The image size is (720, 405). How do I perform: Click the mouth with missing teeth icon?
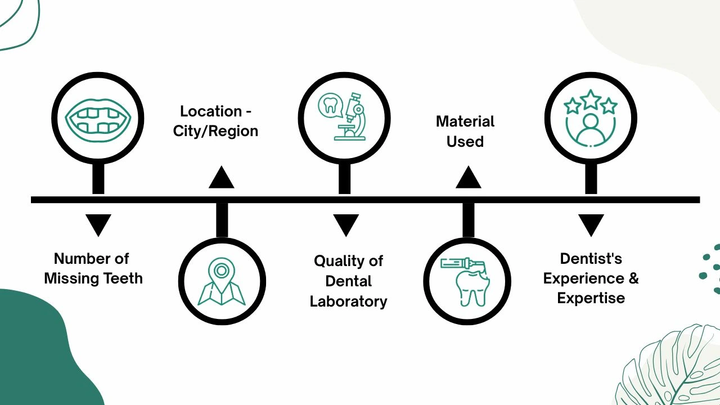click(98, 118)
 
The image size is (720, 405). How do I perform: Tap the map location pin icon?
click(222, 281)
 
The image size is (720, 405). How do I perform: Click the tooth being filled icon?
click(467, 281)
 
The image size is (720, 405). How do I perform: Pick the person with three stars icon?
click(591, 119)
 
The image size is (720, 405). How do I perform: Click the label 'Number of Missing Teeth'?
click(93, 268)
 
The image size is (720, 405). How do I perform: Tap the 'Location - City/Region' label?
click(215, 121)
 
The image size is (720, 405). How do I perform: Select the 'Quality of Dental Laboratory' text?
click(348, 281)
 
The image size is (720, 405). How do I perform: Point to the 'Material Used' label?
click(465, 131)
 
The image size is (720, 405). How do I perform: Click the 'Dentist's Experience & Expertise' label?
click(591, 278)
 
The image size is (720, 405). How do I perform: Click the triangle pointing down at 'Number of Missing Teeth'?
click(98, 225)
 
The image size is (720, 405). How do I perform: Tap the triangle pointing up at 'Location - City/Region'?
click(221, 178)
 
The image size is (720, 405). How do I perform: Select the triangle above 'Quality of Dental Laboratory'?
click(345, 225)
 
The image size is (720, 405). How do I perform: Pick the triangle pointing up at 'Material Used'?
click(468, 178)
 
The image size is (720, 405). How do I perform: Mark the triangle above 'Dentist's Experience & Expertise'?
click(591, 225)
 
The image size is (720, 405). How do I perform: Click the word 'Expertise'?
click(591, 298)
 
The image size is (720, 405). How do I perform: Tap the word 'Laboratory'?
click(348, 301)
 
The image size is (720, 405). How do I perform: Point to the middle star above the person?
click(591, 100)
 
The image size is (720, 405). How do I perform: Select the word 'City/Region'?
click(215, 131)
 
